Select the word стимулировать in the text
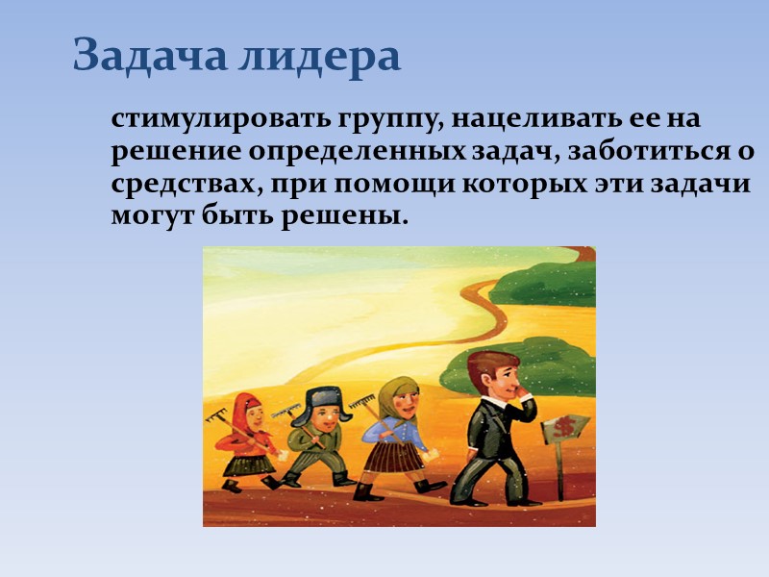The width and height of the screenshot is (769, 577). (x=221, y=122)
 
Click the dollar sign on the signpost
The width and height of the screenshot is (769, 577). (x=561, y=425)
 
